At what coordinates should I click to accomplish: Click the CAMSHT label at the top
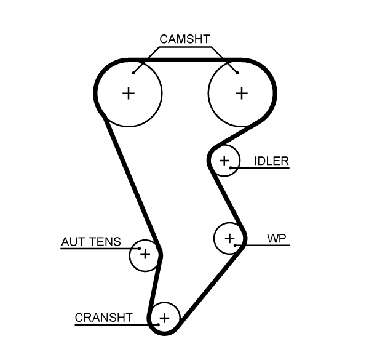tap(184, 39)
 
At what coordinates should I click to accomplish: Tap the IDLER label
tap(271, 161)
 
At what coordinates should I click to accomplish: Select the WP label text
tap(277, 238)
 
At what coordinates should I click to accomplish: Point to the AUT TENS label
tap(91, 242)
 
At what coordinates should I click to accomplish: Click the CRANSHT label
tap(103, 318)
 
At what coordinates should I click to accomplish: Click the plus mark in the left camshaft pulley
tap(128, 94)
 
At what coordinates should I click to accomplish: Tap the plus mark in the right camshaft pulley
tap(242, 94)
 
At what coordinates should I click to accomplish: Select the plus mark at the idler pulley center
tap(224, 161)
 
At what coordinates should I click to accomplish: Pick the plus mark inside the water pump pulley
tap(229, 238)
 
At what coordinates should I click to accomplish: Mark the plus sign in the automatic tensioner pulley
tap(145, 253)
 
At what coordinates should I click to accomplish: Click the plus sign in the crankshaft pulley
tap(164, 318)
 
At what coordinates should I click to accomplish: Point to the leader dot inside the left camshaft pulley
tap(133, 73)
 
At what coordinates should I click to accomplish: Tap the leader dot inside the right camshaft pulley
tap(237, 73)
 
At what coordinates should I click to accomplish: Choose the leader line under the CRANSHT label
tap(111, 324)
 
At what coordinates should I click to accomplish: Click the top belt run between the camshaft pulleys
tap(184, 60)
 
